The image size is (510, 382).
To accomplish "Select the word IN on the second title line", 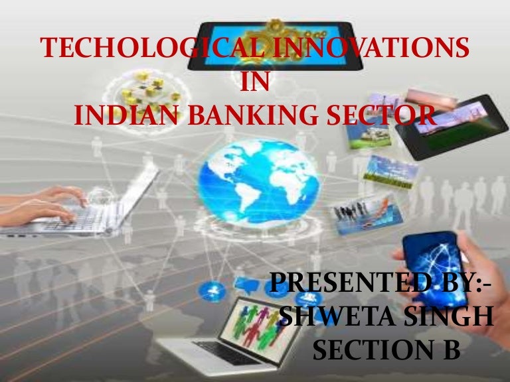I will [x=255, y=84].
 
